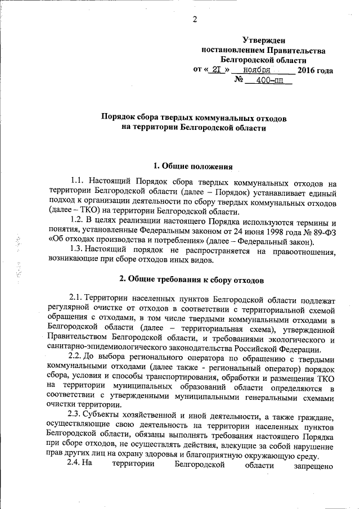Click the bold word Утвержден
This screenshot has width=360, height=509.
[263, 40]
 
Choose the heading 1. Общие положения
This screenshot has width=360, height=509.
[193, 166]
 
